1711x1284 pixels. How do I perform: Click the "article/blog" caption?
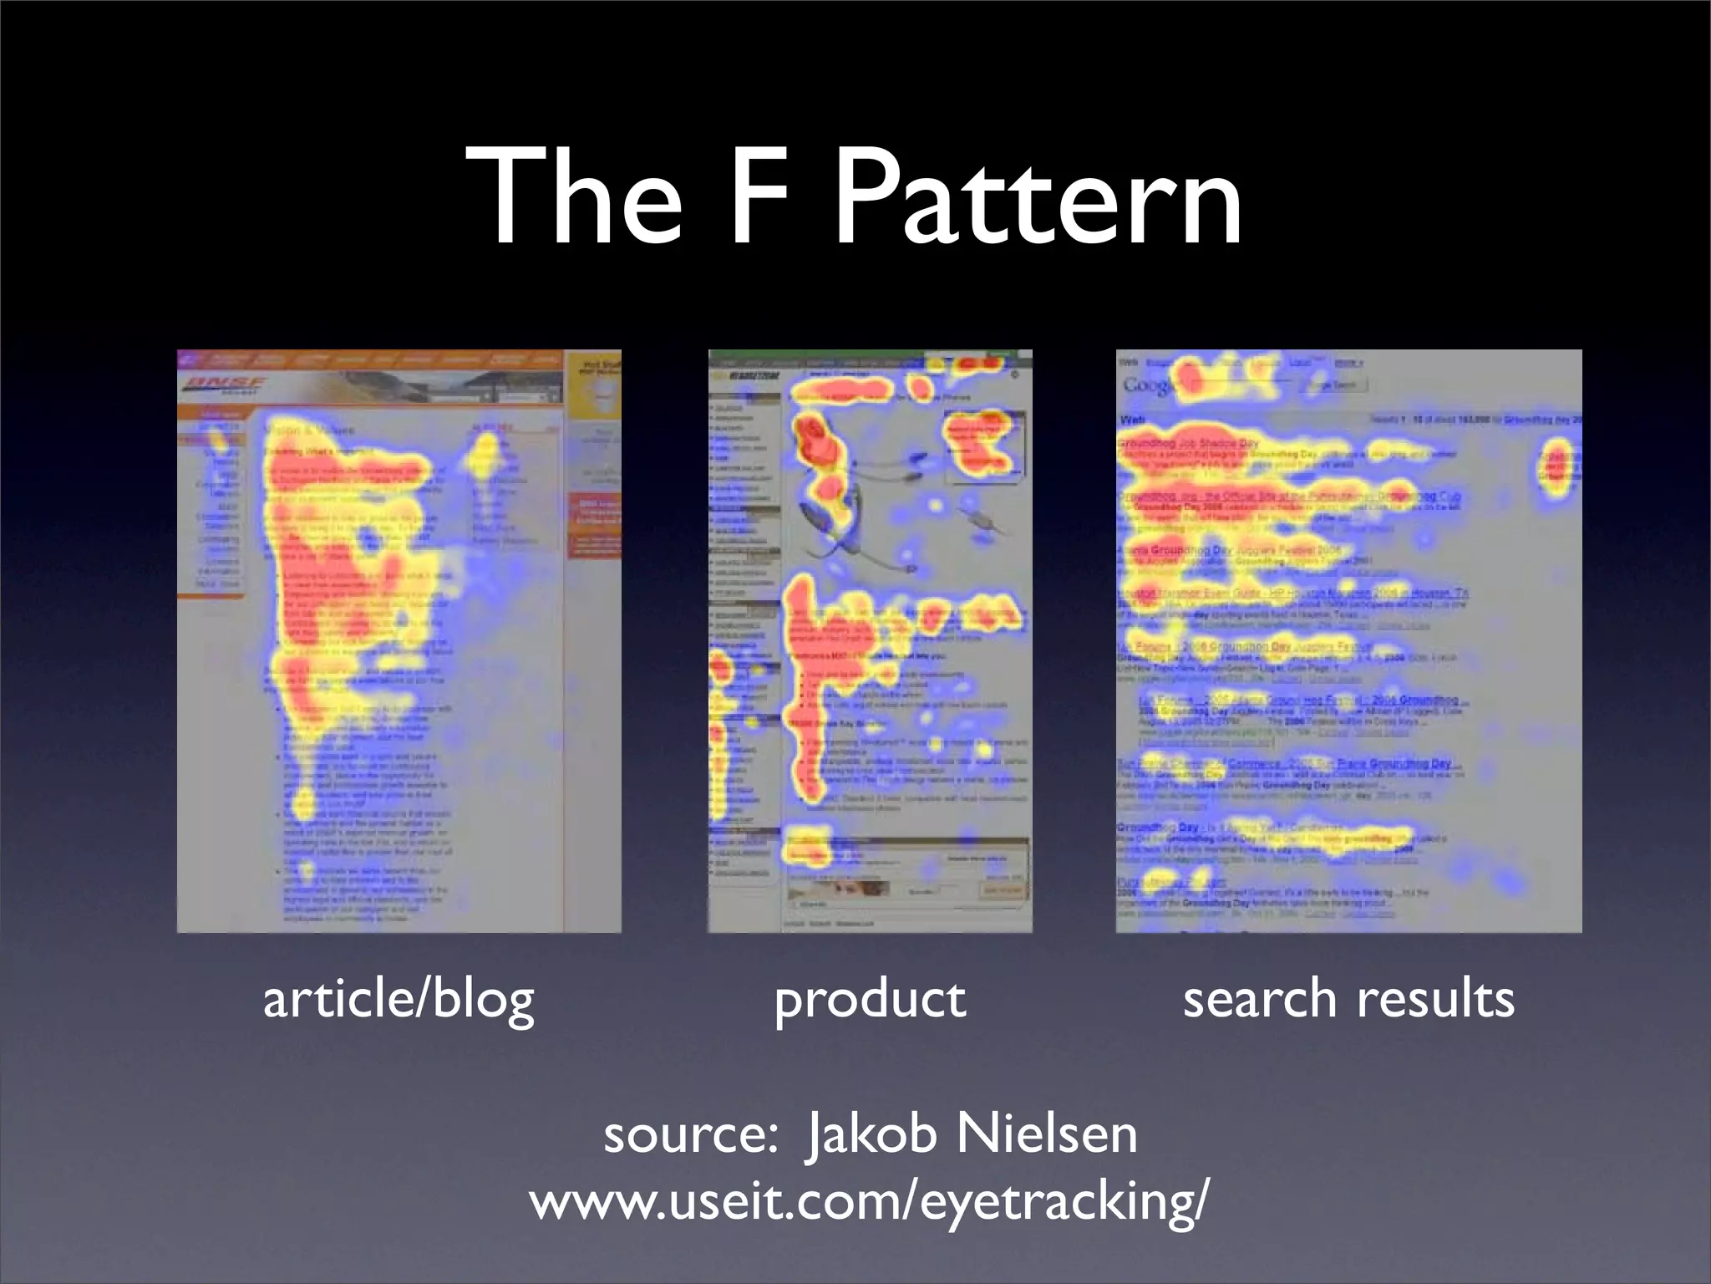[x=399, y=999]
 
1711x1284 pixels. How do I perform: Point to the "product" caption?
[x=870, y=1000]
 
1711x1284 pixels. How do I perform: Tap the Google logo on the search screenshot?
[x=1150, y=385]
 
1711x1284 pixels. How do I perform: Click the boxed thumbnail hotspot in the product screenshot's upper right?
[x=983, y=443]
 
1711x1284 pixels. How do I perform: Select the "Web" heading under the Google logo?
[x=1133, y=420]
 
